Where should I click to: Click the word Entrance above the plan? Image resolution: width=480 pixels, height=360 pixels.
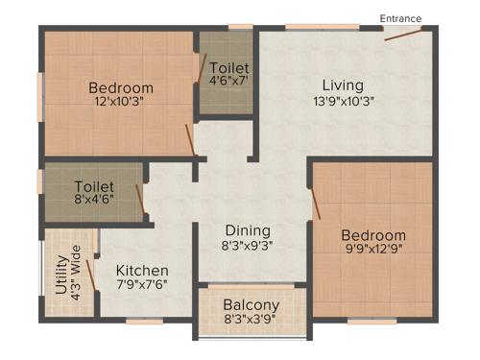click(400, 18)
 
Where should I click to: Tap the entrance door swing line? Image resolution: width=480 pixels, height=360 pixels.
click(403, 36)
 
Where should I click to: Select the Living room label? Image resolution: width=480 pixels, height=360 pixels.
click(343, 84)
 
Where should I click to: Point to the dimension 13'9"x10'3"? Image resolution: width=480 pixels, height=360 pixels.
click(342, 100)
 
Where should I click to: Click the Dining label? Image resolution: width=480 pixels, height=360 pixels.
click(248, 230)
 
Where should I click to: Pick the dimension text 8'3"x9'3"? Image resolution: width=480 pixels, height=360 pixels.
click(247, 246)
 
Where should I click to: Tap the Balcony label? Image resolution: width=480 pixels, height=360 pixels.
click(252, 305)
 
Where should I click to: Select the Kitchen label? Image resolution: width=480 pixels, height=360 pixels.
click(142, 271)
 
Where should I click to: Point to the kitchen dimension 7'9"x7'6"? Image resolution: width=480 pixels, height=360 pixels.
click(142, 286)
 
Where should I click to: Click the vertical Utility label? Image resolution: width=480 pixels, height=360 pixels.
click(62, 276)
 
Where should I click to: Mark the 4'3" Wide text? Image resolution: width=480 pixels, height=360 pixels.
click(77, 276)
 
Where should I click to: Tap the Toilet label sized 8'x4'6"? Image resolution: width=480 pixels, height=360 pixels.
click(94, 186)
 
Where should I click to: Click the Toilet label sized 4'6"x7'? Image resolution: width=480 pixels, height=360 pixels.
click(228, 69)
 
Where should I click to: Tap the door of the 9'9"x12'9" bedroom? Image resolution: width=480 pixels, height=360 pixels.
click(316, 204)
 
